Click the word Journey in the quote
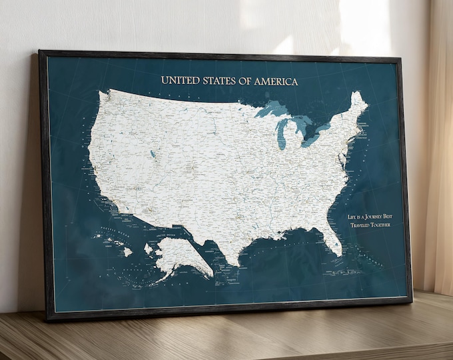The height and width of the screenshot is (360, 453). click(x=376, y=217)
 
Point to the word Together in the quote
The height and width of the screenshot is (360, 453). click(x=379, y=224)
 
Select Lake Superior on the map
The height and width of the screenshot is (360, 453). click(x=272, y=109)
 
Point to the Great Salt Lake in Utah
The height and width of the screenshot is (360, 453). click(x=153, y=155)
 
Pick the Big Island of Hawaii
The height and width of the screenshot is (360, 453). click(x=127, y=252)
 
